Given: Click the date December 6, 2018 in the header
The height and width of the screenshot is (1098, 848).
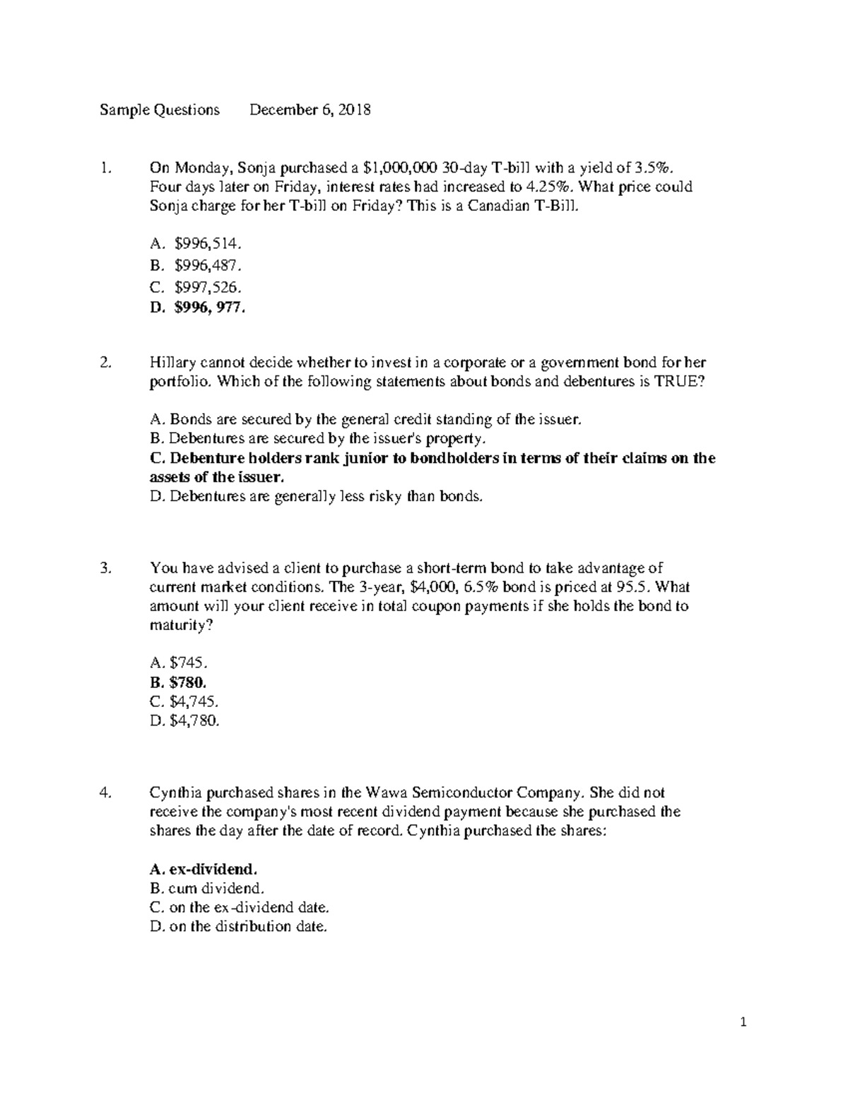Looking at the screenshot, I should tap(310, 110).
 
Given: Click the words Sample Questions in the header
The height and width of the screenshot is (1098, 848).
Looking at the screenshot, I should tap(159, 110).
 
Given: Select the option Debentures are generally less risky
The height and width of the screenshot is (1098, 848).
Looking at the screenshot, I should tap(317, 496).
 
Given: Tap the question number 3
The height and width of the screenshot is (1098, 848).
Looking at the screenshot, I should tap(106, 568).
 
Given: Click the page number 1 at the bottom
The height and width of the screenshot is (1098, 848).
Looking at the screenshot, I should tap(743, 1022).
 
